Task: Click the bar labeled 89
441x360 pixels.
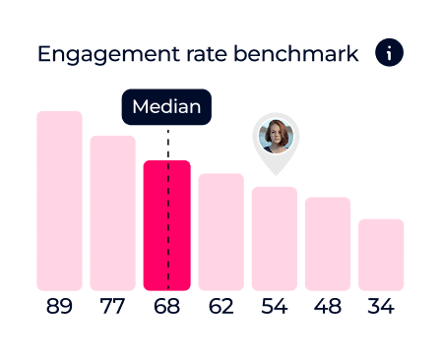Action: click(x=60, y=201)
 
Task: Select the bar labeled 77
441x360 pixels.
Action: click(x=113, y=212)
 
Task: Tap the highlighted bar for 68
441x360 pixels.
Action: click(x=166, y=225)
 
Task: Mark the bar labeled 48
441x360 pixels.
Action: click(x=328, y=243)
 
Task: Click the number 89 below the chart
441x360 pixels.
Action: click(x=60, y=307)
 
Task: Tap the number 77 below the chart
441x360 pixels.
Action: click(x=113, y=307)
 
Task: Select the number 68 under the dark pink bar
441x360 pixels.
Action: click(x=166, y=307)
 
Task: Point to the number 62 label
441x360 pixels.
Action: click(x=220, y=307)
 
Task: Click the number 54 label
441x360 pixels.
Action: click(x=274, y=307)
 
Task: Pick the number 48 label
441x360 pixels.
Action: click(x=328, y=307)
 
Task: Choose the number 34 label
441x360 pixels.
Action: click(x=381, y=307)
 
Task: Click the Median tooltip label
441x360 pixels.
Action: click(x=166, y=107)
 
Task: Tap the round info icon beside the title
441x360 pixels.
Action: click(x=389, y=53)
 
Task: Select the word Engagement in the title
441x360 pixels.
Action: click(x=99, y=54)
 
